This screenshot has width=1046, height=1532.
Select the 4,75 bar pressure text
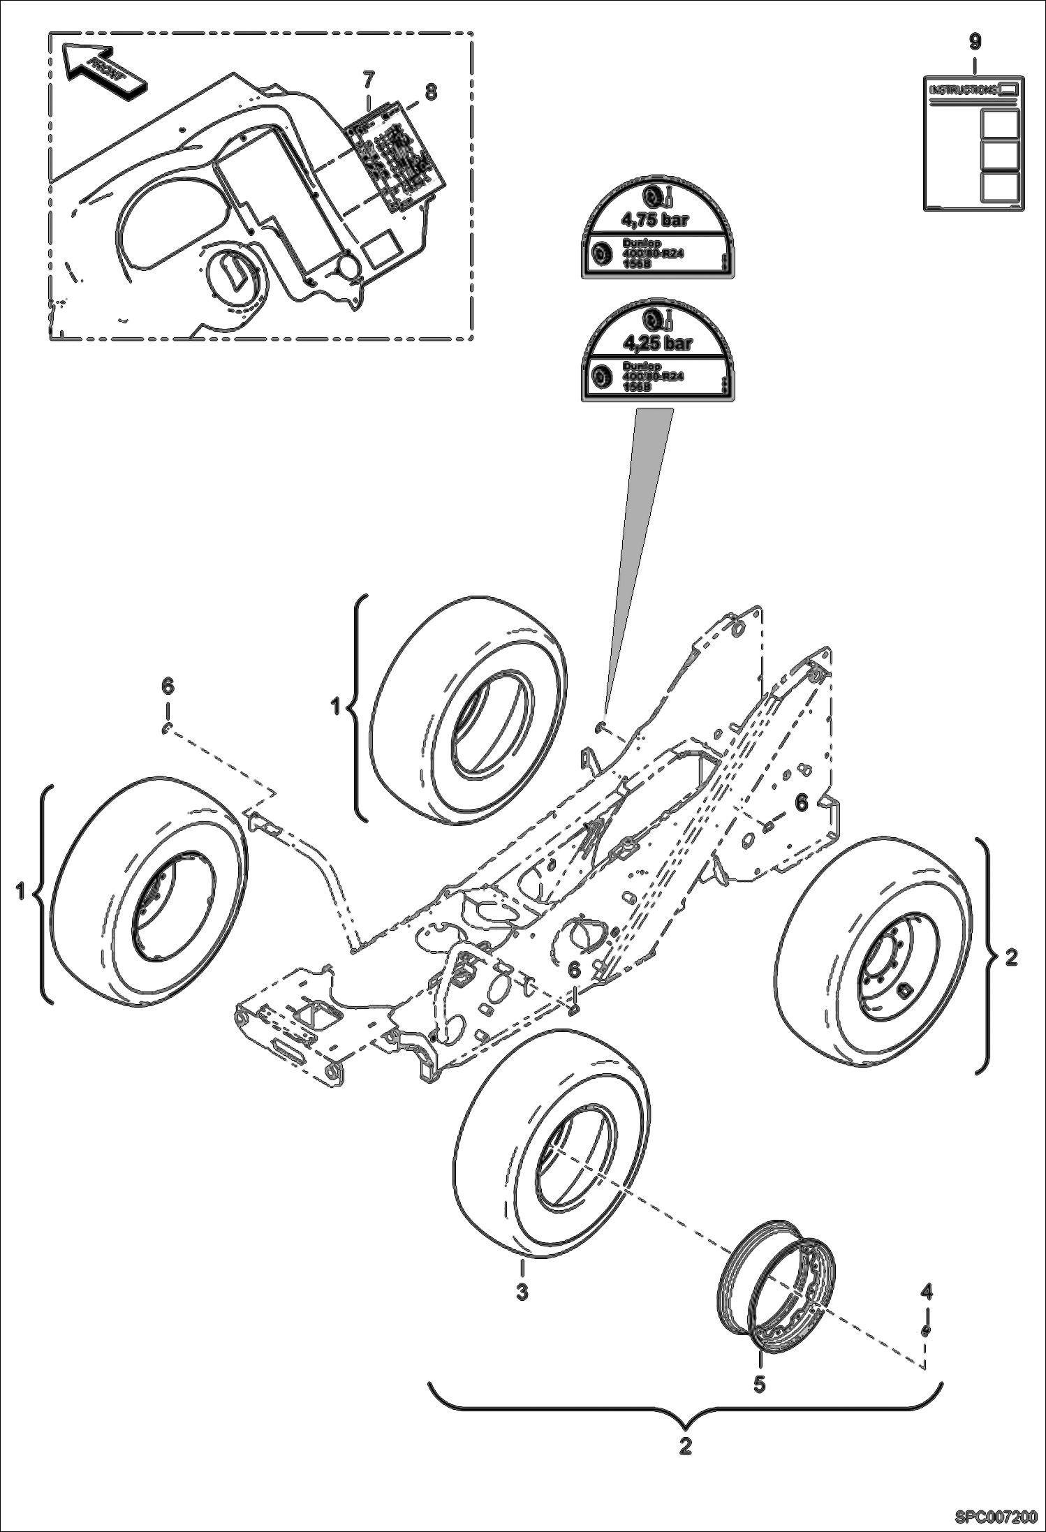(x=656, y=221)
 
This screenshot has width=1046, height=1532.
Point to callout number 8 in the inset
(x=431, y=91)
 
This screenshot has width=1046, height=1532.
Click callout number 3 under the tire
(x=522, y=1292)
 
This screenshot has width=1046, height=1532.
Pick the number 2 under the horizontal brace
(x=685, y=1445)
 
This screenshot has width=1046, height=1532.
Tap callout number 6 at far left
(x=167, y=686)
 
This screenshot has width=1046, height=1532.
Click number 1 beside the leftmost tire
(x=21, y=892)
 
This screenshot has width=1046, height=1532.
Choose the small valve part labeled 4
(x=926, y=1330)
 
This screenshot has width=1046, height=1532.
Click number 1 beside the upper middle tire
(x=336, y=707)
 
